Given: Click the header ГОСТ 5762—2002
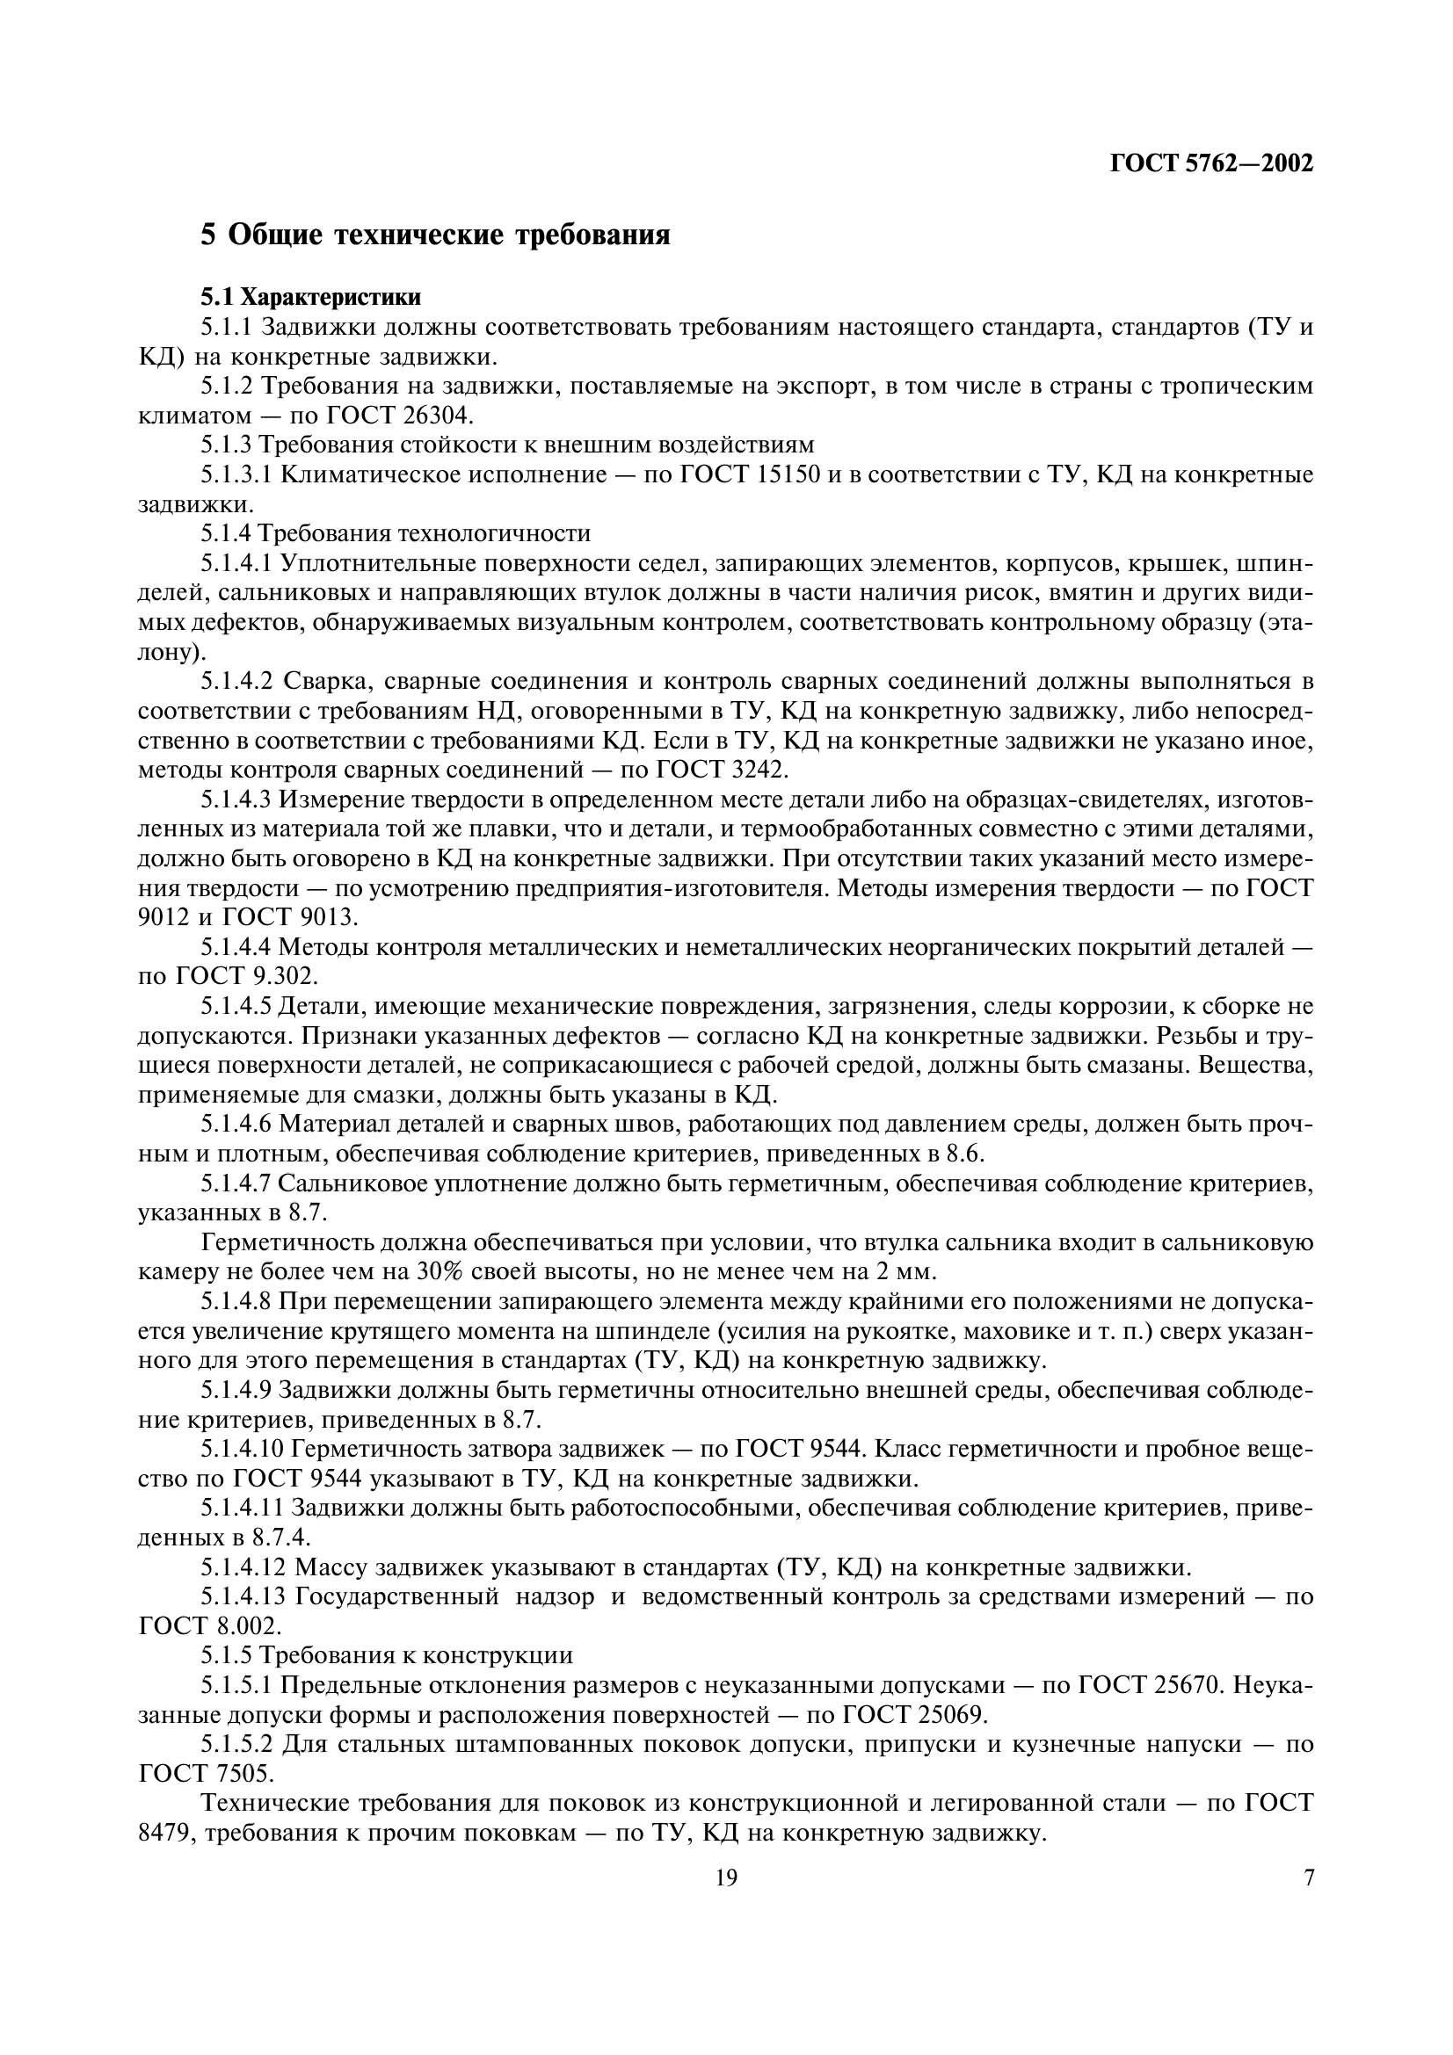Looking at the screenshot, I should click(1211, 163).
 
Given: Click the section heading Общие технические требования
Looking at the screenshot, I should click(435, 235).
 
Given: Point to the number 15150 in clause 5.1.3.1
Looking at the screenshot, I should click(786, 474).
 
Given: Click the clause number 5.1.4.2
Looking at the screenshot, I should click(236, 681).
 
